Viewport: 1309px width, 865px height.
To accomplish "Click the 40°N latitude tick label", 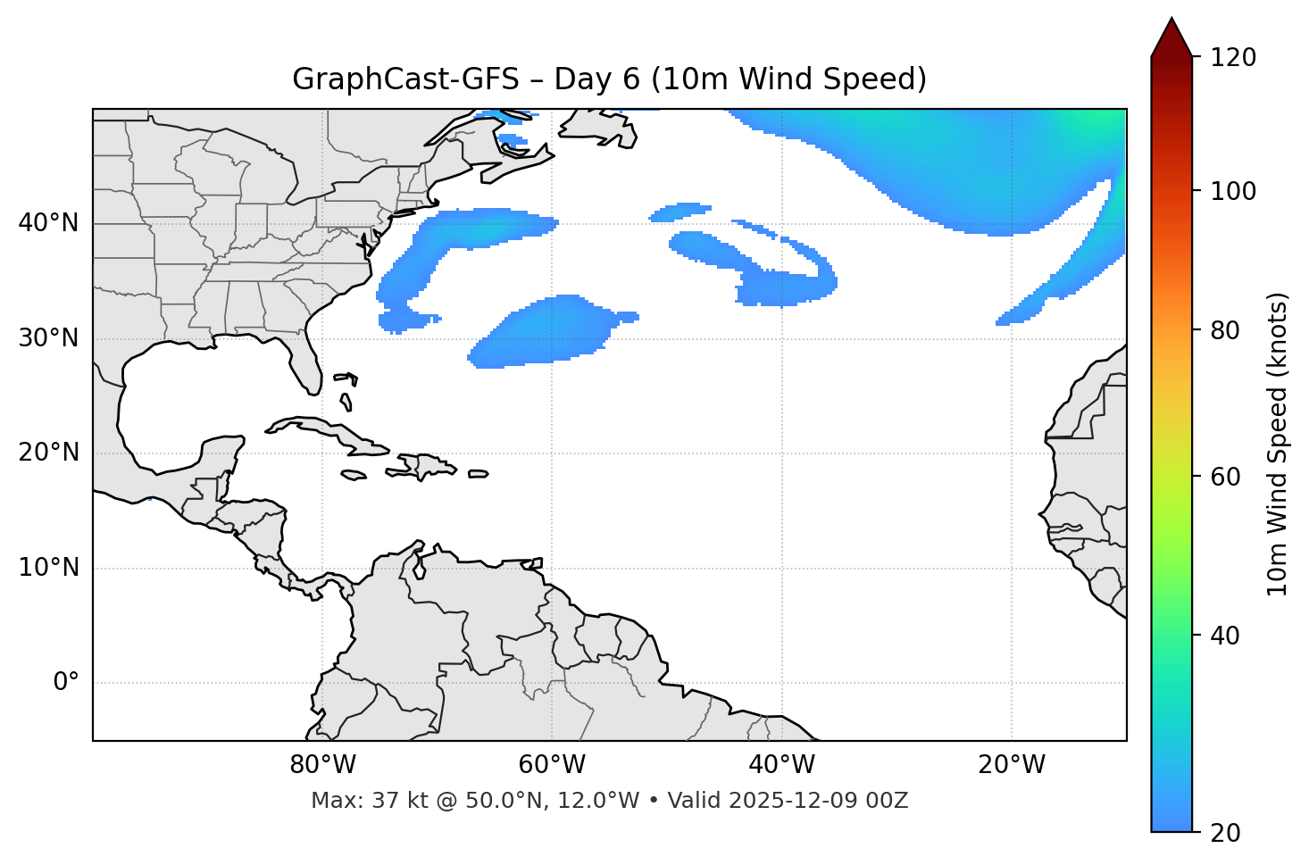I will pyautogui.click(x=48, y=223).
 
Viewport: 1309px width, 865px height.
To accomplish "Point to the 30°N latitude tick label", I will pyautogui.click(x=48, y=338).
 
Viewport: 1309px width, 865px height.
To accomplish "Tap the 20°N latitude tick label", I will pyautogui.click(x=48, y=453).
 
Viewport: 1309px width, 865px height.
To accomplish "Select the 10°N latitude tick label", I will pyautogui.click(x=48, y=568).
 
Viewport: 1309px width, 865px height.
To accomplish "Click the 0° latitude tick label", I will pyautogui.click(x=66, y=683).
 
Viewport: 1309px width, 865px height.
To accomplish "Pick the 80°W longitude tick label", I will pyautogui.click(x=322, y=765).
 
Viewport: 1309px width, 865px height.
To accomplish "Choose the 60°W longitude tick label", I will pyautogui.click(x=552, y=765).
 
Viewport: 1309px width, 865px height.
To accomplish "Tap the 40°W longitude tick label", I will pyautogui.click(x=781, y=765).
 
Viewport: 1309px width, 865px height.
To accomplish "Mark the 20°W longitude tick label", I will pyautogui.click(x=1011, y=765).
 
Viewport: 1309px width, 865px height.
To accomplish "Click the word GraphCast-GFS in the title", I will pyautogui.click(x=405, y=79).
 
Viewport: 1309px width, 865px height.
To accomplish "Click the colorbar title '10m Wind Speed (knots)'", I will pyautogui.click(x=1278, y=444).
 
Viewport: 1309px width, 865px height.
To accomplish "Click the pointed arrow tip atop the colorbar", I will pyautogui.click(x=1171, y=21).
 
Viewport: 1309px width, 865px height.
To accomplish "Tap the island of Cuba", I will pyautogui.click(x=330, y=432).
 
